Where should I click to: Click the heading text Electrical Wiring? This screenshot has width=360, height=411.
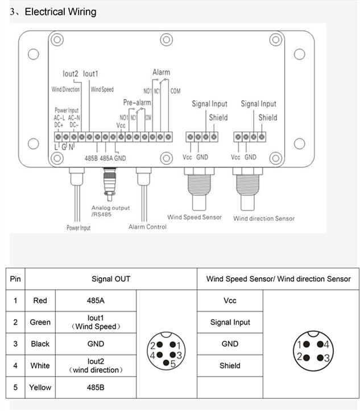coord(60,11)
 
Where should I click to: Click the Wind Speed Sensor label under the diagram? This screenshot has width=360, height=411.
coord(195,217)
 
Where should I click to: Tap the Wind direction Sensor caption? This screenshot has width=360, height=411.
coord(264,218)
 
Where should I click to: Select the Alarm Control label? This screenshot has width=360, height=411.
coord(147,227)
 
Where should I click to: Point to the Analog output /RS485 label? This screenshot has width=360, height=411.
coord(110,211)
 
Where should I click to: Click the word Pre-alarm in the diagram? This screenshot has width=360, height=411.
coord(137,102)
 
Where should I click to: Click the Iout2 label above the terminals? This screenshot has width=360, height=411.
coord(71,74)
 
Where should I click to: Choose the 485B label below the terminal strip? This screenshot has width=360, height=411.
coord(91,158)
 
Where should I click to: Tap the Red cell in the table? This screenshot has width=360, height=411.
coord(40,301)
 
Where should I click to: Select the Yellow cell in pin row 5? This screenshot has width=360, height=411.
coord(40,388)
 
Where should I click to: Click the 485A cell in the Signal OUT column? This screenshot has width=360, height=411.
coord(96,301)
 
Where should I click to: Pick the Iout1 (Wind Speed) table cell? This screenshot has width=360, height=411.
coord(96,322)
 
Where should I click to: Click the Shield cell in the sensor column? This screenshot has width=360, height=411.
coord(230,365)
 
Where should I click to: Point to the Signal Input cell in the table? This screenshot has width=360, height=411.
coord(230,322)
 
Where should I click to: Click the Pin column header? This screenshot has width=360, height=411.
coord(16,279)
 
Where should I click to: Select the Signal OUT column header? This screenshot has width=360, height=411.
coord(111,279)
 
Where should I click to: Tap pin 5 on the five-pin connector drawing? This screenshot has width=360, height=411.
coord(165,363)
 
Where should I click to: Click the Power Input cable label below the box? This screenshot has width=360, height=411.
coord(78,228)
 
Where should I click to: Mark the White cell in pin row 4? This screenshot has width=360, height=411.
coord(40,365)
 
